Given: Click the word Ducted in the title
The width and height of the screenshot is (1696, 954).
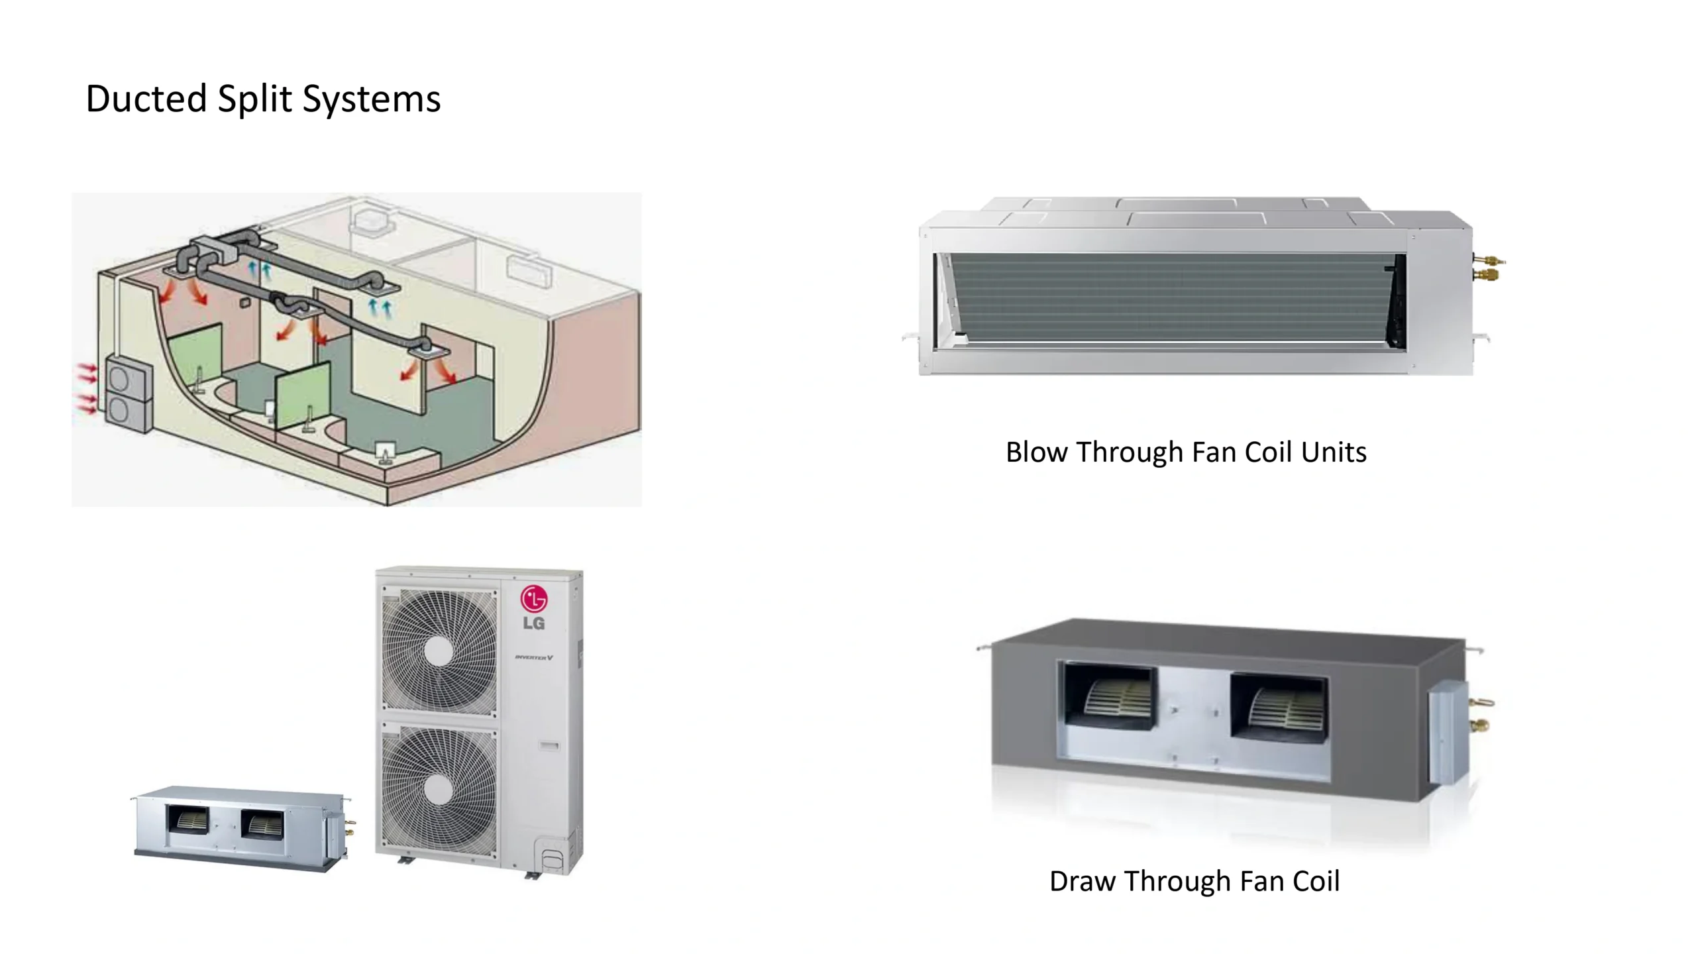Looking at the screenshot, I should (x=146, y=99).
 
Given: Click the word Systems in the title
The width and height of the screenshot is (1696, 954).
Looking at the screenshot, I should (x=371, y=99).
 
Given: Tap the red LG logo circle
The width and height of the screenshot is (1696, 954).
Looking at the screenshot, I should (x=534, y=599).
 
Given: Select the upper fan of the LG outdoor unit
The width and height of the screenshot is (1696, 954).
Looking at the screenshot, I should (x=439, y=652).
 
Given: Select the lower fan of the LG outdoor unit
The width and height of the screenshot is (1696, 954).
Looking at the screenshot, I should (x=439, y=790).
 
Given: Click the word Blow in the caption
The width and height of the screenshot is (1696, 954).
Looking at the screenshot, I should (x=1037, y=452).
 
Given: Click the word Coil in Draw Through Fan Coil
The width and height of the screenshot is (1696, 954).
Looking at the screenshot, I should (x=1314, y=882).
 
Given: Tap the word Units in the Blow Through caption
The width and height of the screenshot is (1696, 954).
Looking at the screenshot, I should (x=1334, y=452).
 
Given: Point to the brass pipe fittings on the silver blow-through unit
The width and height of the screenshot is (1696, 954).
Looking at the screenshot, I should (x=1488, y=266).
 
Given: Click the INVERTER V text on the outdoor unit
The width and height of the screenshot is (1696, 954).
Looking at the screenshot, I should (x=534, y=657).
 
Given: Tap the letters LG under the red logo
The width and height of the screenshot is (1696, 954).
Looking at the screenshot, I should (x=534, y=623).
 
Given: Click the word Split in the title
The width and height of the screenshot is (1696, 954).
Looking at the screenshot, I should (x=254, y=99).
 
